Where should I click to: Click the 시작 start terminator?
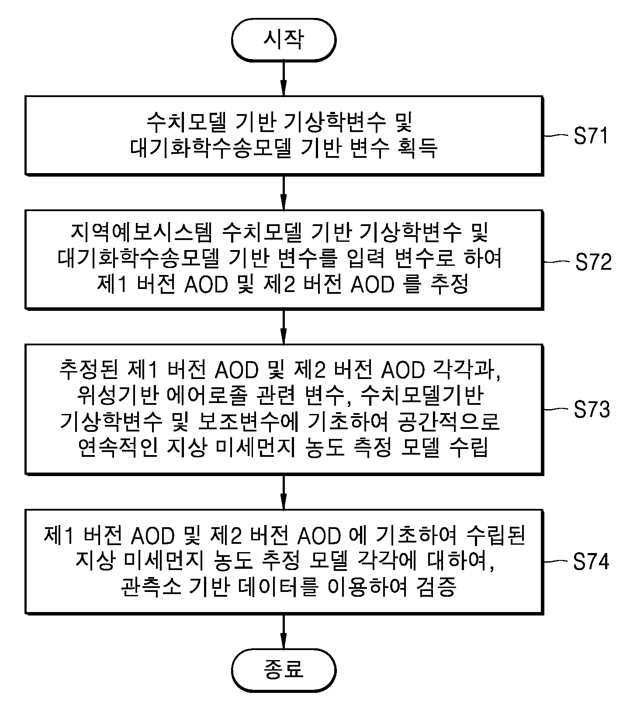click(x=284, y=40)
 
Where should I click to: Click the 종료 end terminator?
click(x=284, y=670)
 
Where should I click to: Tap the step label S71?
click(x=591, y=136)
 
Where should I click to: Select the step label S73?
click(x=592, y=409)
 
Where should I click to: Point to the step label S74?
click(x=591, y=562)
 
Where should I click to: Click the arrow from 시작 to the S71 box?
click(x=284, y=78)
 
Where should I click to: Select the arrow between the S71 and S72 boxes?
click(x=284, y=193)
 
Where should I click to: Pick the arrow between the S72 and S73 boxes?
click(x=284, y=327)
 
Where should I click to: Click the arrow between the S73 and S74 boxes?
click(x=284, y=491)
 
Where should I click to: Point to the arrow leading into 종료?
click(x=284, y=631)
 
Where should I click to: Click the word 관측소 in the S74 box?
click(x=144, y=587)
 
